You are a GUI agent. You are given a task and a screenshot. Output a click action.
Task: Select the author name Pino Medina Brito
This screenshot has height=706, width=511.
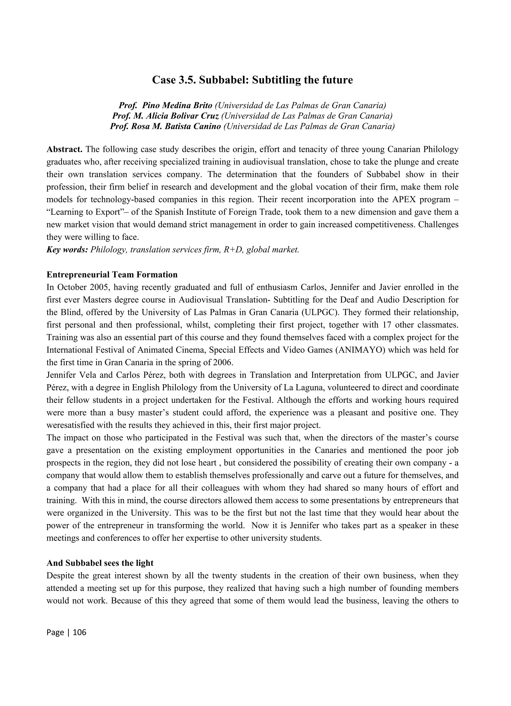tap(177, 105)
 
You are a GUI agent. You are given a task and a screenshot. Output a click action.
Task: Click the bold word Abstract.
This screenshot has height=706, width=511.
tap(64, 149)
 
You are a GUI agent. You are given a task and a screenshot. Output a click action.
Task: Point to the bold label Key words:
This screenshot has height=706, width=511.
tap(67, 250)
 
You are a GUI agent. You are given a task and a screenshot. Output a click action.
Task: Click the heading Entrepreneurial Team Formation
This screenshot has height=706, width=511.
tap(112, 275)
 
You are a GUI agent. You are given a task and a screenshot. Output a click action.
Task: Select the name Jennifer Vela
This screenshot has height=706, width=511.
tap(67, 375)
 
